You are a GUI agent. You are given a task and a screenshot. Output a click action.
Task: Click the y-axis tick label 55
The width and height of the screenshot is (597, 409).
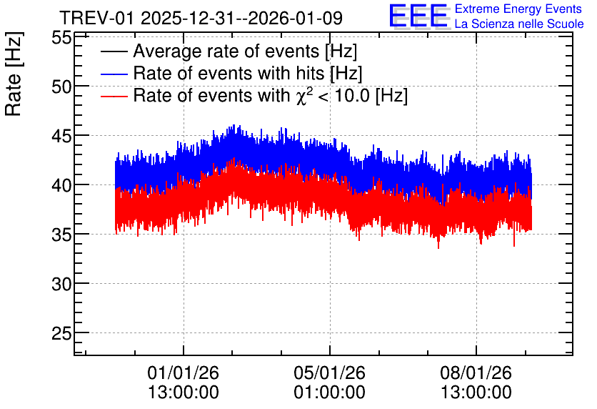point(61,38)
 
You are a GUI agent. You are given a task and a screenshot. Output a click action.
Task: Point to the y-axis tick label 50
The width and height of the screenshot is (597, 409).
point(61,87)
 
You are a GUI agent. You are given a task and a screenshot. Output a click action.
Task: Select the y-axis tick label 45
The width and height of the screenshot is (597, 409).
point(61,137)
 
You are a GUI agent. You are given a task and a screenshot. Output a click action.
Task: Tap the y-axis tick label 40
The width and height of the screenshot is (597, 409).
point(61,186)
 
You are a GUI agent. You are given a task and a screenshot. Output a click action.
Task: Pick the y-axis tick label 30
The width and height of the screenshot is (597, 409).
point(61,285)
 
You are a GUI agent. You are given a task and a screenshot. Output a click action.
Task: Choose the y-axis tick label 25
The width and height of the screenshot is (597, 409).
point(61,334)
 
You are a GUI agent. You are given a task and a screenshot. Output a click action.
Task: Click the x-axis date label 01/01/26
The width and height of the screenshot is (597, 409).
point(183,373)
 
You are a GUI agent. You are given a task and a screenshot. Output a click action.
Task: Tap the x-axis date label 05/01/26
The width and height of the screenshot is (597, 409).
point(329,373)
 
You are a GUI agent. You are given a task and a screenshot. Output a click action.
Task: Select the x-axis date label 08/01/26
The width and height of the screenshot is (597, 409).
point(476,373)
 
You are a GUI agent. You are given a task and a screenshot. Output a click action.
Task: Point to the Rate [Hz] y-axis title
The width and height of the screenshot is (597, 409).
point(14,74)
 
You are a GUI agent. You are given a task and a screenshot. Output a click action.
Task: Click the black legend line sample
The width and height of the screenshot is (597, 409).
point(114,51)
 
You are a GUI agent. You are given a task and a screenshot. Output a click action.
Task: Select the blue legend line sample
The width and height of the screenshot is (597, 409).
point(114,74)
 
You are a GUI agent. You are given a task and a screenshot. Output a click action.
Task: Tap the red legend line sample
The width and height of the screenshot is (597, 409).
point(114,96)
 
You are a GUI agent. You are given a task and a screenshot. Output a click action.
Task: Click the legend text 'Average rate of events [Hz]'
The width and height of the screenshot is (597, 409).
point(245,51)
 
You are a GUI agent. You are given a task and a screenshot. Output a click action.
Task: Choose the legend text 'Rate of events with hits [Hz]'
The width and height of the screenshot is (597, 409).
point(248,74)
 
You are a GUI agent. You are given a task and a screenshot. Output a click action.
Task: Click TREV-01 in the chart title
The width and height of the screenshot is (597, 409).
point(97,19)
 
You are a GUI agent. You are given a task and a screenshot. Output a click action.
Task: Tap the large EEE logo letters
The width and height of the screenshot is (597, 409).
point(419,16)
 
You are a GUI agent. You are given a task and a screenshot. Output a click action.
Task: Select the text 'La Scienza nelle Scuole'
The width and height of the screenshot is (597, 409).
point(519,24)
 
